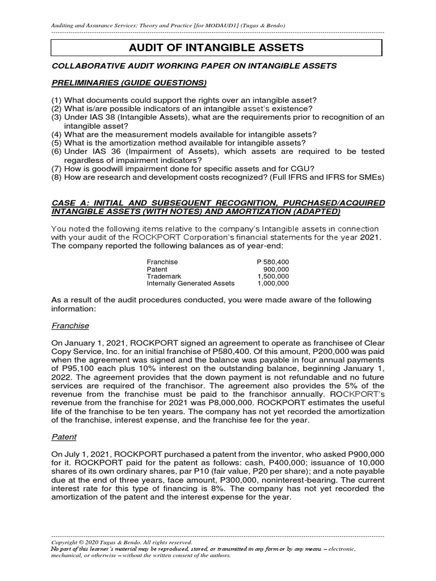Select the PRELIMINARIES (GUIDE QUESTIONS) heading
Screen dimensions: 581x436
click(129, 83)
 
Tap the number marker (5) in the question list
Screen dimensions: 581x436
click(56, 143)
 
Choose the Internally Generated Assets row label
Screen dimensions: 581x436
click(190, 283)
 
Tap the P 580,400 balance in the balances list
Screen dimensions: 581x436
click(273, 262)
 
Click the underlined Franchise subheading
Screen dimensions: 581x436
click(70, 326)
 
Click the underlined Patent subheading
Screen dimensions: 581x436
click(64, 437)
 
